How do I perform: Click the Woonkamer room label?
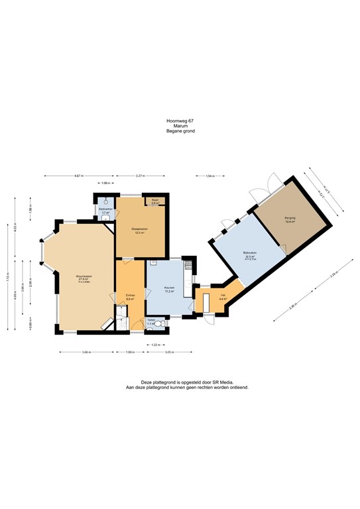coord(82,276)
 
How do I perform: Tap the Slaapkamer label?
coord(139,231)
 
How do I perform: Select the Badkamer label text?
coord(105,210)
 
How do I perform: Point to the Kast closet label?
coord(154,201)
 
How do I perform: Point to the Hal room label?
coord(223,297)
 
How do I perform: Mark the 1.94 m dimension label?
coord(210,176)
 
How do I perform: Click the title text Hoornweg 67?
coord(180,121)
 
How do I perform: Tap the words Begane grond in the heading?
coord(180,131)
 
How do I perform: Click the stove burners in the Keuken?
coord(188,264)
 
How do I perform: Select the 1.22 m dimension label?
coord(155,345)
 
